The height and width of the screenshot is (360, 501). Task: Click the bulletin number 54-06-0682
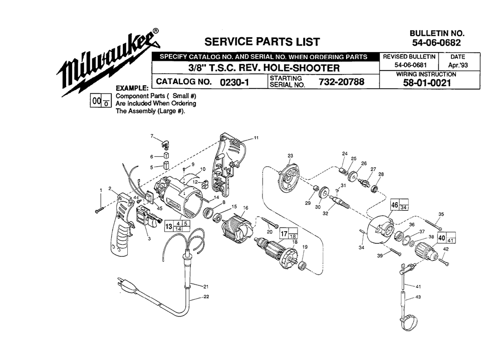click(x=436, y=43)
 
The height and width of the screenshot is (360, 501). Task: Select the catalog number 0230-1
click(x=234, y=82)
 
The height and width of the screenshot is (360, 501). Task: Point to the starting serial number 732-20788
click(x=341, y=82)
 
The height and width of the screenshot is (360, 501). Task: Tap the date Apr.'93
click(x=458, y=65)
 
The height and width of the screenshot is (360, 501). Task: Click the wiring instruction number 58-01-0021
click(x=427, y=83)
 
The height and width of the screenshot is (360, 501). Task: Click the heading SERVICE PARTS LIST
click(x=262, y=42)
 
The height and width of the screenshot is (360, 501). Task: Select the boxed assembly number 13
click(x=168, y=226)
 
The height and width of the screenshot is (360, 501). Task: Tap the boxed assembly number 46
click(x=395, y=205)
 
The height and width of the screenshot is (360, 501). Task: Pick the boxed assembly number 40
click(x=442, y=238)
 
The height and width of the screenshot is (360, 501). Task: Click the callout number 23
click(x=290, y=156)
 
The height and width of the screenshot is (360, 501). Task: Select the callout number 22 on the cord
click(x=206, y=296)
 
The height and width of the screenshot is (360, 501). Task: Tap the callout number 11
click(x=256, y=138)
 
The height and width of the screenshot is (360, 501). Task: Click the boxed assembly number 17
click(x=284, y=233)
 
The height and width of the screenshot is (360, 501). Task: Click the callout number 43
click(x=418, y=297)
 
